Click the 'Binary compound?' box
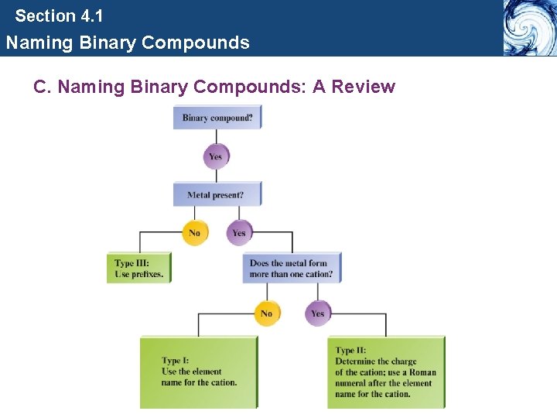coord(217,118)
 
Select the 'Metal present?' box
coord(217,194)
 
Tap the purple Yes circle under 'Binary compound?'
coord(216,156)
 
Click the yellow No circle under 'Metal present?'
coord(195,232)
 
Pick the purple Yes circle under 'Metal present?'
coord(239,232)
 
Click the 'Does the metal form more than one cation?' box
coord(292,268)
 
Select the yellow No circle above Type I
coord(267,313)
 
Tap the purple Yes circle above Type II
coord(317,313)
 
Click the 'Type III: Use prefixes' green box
coord(138,268)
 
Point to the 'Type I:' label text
coord(176,361)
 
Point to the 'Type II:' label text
coord(350,351)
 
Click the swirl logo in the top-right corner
coord(529,28)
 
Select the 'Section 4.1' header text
coord(59,15)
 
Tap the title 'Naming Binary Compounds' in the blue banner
coord(128,43)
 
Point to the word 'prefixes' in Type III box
coord(147,274)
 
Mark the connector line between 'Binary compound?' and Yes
coord(216,136)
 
